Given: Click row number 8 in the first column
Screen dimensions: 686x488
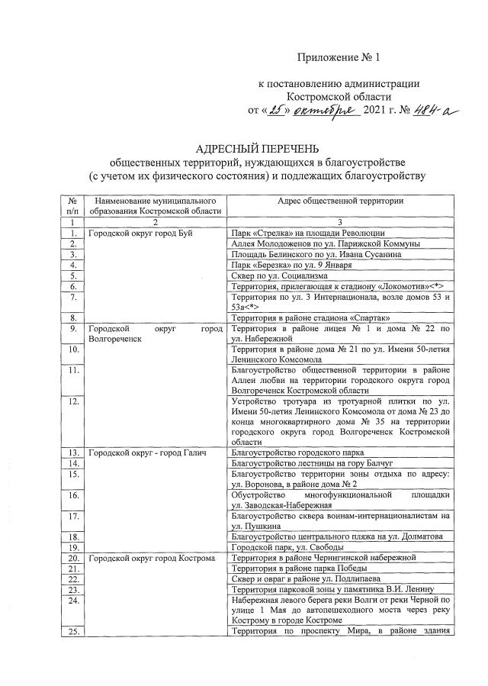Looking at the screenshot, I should point(72,317).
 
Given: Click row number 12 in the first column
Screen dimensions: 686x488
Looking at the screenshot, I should point(72,400).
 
